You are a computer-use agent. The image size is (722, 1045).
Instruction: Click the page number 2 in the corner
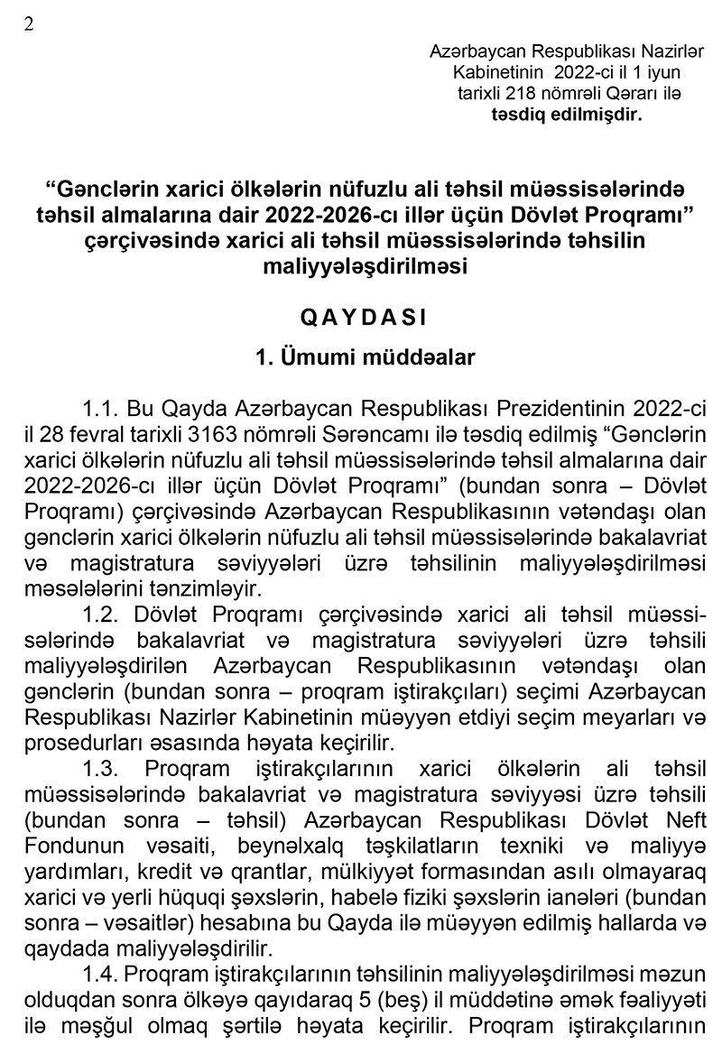coord(29,24)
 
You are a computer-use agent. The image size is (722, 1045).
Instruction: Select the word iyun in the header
coord(662,72)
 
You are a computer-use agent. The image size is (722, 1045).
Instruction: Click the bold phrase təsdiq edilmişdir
coord(567,114)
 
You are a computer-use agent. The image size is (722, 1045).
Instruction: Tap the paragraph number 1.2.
coord(99,616)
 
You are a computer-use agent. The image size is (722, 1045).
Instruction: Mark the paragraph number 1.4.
coord(99,975)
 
